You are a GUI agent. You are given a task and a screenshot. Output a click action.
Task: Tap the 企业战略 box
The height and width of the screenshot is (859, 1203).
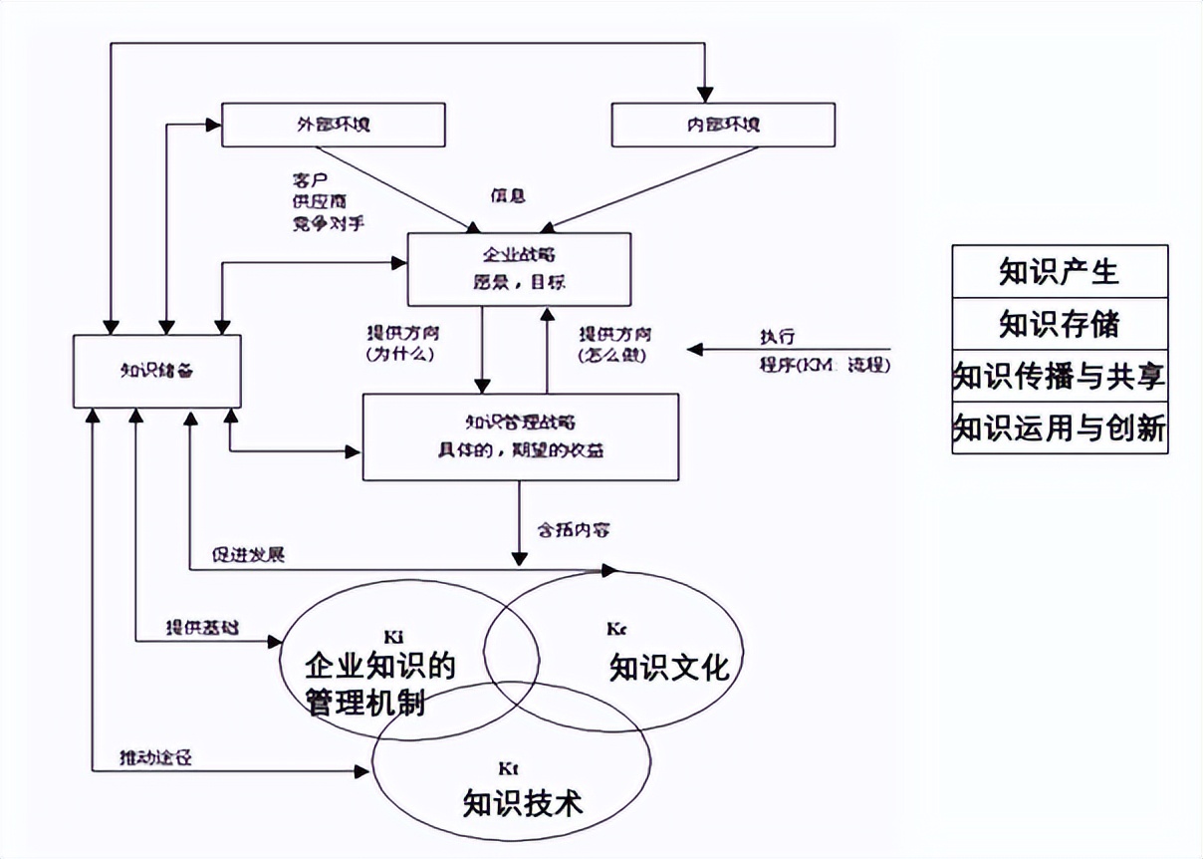tap(519, 269)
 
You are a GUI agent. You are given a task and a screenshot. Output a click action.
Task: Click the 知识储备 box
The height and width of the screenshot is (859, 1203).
tap(157, 371)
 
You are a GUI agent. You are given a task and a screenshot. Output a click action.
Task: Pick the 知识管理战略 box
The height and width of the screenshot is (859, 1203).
tap(520, 436)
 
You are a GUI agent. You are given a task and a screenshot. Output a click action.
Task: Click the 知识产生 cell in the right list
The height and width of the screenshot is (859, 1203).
tap(1060, 271)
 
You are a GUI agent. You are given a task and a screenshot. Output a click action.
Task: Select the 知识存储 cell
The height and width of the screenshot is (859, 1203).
tap(1060, 323)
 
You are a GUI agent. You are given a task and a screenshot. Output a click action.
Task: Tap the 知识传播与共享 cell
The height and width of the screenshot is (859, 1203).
tap(1060, 376)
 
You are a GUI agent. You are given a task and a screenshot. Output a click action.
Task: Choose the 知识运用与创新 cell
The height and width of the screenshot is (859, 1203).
tap(1060, 429)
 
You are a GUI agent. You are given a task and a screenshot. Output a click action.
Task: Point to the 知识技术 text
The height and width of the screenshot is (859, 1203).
tap(523, 802)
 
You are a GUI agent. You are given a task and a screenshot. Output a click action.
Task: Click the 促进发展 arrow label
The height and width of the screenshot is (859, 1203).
tap(248, 554)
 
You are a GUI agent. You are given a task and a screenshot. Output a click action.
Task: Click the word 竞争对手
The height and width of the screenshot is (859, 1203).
tap(322, 221)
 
